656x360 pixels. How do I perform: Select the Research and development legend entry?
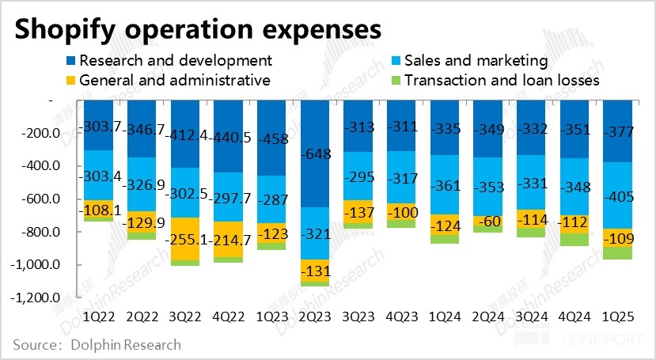tap(175, 60)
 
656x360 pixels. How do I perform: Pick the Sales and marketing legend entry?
tap(476, 60)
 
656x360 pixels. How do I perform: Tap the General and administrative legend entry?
tap(174, 80)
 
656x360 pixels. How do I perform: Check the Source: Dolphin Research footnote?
tap(97, 345)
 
